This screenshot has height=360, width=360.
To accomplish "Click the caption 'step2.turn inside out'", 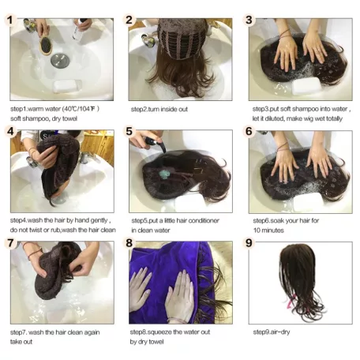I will coord(160,110).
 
